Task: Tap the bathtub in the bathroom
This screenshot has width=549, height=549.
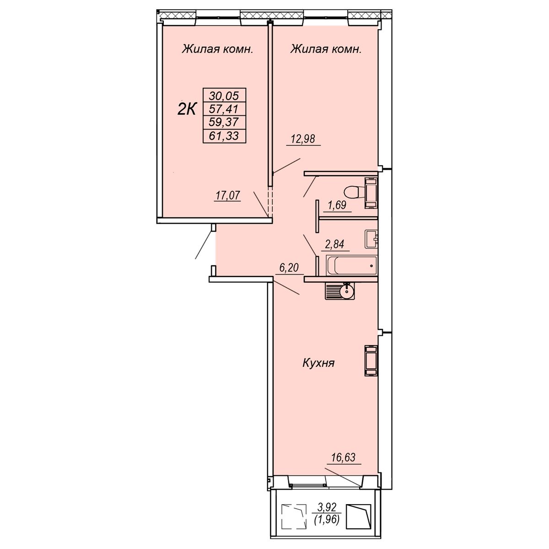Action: pyautogui.click(x=351, y=265)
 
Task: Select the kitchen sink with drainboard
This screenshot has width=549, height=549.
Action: pyautogui.click(x=339, y=291)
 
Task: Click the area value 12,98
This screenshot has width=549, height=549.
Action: pyautogui.click(x=303, y=139)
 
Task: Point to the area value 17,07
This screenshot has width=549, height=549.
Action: pyautogui.click(x=228, y=195)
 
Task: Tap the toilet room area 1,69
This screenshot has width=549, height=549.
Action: pyautogui.click(x=337, y=205)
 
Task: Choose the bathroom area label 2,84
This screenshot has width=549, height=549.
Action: pyautogui.click(x=335, y=244)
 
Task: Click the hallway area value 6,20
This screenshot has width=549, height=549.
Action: pyautogui.click(x=289, y=268)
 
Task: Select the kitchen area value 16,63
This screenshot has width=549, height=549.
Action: pyautogui.click(x=343, y=457)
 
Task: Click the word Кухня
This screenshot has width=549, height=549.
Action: pyautogui.click(x=318, y=364)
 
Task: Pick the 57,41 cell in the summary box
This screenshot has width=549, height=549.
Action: pyautogui.click(x=224, y=108)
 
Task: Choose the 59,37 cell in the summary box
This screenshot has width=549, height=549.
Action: pyautogui.click(x=224, y=122)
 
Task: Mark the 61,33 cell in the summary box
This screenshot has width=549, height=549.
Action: pyautogui.click(x=224, y=135)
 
